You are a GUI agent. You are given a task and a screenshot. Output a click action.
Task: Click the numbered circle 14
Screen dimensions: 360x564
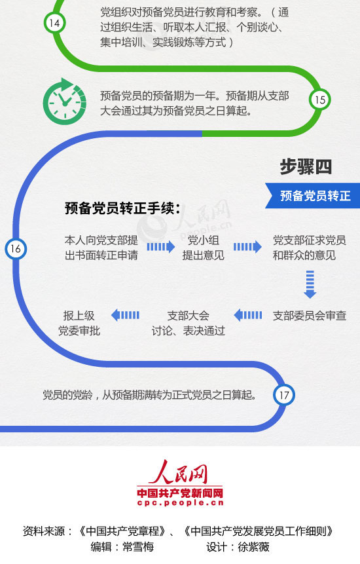[54, 23]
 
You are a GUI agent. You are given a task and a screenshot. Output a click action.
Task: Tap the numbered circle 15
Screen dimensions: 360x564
[319, 100]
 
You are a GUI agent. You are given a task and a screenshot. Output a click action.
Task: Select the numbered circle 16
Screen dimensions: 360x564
[16, 248]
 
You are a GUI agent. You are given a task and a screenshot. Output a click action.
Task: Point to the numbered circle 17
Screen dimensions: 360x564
[284, 395]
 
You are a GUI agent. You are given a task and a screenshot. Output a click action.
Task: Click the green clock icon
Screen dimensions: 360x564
[65, 102]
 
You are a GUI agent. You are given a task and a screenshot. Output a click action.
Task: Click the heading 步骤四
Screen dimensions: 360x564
[306, 167]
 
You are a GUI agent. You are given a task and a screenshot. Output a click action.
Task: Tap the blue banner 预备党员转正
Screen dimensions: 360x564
[313, 196]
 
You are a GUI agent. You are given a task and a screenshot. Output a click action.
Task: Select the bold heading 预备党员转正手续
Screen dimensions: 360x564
[122, 208]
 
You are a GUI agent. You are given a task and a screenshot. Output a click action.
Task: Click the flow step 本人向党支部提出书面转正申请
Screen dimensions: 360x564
[101, 248]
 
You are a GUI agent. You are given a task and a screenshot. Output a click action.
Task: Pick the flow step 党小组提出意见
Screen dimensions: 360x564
[204, 248]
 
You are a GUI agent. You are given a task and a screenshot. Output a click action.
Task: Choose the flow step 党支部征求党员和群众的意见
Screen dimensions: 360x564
[310, 248]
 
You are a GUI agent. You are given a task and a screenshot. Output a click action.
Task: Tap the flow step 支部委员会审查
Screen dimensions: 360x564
[310, 316]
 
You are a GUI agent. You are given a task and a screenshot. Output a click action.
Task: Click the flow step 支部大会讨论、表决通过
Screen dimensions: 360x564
[189, 323]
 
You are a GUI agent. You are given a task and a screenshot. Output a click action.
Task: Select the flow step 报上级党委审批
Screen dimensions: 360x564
[79, 323]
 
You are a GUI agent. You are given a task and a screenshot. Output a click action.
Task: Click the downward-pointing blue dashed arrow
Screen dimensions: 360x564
[310, 284]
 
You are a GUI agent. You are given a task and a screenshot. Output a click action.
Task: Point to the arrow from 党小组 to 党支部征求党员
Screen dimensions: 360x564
[247, 247]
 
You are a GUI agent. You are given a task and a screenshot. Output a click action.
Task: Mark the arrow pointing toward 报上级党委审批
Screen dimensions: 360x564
[126, 315]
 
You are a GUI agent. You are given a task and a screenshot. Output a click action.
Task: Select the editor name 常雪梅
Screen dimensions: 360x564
[138, 547]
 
